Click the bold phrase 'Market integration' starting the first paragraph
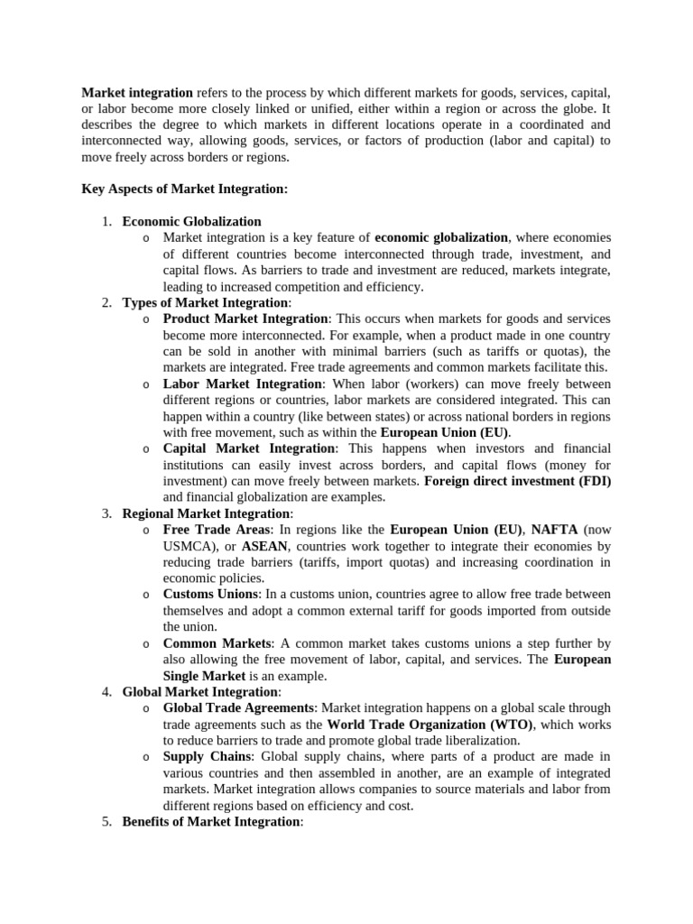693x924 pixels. pos(137,92)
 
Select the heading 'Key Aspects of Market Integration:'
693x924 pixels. pos(185,189)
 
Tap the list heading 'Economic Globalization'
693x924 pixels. pos(191,221)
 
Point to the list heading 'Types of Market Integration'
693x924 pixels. pos(206,302)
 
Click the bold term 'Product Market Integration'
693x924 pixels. pos(245,319)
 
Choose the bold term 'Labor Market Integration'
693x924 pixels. pos(243,383)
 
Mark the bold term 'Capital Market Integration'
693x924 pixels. pos(249,448)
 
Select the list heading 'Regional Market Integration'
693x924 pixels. pos(207,513)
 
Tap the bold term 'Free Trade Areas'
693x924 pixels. pos(217,530)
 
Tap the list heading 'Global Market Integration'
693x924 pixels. pos(200,692)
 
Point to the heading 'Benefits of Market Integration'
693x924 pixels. pos(210,821)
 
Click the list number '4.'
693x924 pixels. pos(106,692)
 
